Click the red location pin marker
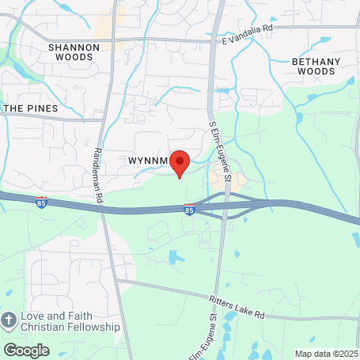coord(180,161)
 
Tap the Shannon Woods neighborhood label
coord(74,52)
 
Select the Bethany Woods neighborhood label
coord(316,66)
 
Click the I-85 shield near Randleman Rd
coord(42,203)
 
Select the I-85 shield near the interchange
coord(189,210)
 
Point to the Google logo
coord(26,350)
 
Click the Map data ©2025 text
coord(326,353)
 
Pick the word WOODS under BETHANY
coord(316,71)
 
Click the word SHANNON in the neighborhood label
coord(74,47)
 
